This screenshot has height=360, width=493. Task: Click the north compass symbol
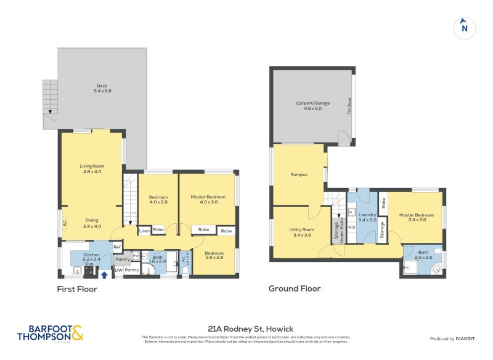[x=465, y=27]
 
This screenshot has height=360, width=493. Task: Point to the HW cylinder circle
[x=136, y=256]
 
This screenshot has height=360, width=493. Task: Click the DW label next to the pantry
[x=118, y=270]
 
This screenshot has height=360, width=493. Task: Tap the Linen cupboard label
[x=144, y=231]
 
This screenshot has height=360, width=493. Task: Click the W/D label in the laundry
[x=352, y=227]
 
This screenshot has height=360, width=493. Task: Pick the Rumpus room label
[x=299, y=174]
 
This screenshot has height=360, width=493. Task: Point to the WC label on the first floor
[x=183, y=261]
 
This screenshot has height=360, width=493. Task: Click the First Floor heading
[x=77, y=288]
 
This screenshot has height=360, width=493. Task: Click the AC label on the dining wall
[x=64, y=224]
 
